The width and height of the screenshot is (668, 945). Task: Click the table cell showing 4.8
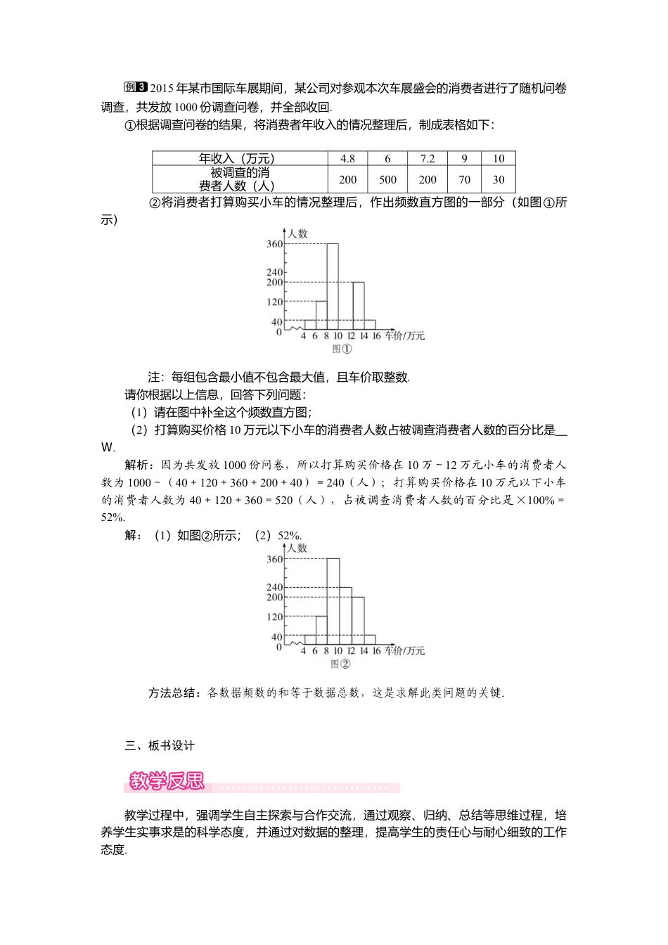347,159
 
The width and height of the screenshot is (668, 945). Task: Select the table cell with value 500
387,179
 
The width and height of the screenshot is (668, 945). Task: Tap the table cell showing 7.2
428,159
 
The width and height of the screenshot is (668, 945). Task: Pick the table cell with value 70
464,179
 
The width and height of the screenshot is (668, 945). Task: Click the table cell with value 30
499,179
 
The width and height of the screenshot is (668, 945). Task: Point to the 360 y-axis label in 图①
274,244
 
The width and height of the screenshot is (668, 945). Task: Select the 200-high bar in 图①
358,306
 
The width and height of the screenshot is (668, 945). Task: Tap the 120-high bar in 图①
321,316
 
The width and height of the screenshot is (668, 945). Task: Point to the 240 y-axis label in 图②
274,587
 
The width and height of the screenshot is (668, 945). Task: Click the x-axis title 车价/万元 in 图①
405,336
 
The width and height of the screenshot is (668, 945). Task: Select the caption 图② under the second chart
340,664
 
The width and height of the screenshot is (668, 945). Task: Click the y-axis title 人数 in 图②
297,548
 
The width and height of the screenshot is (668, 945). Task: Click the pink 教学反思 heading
167,781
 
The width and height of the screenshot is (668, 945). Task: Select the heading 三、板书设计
160,745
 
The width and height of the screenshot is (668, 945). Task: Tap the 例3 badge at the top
135,87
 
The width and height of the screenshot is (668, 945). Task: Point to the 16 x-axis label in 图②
376,651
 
